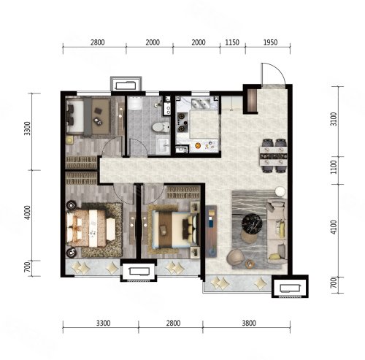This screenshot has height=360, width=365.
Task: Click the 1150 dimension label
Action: pos(232,42)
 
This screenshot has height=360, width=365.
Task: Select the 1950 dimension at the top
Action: pos(270,42)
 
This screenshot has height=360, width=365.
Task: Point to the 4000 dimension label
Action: pos(28,212)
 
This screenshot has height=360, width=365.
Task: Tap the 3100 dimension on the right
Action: pos(334,119)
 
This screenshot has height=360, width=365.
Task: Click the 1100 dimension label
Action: pos(334,167)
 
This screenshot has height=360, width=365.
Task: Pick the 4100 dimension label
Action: pos(334,227)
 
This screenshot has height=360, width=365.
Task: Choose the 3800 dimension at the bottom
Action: pos(249,323)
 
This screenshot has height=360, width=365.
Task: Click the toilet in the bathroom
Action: pos(161,127)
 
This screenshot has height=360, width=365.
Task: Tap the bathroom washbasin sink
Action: pos(164,146)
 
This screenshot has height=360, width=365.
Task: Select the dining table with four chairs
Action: pos(274,156)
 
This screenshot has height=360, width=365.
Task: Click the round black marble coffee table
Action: pos(252,224)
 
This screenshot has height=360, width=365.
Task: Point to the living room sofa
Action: pos(277,231)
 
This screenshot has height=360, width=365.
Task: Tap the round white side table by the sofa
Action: pos(280,191)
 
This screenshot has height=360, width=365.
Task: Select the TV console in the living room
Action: pos(211,231)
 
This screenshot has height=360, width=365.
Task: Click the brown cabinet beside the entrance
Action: pos(253,100)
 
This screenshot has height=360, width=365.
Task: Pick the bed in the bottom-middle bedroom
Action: pos(174,230)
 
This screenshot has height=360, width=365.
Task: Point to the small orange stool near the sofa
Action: pos(250,264)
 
